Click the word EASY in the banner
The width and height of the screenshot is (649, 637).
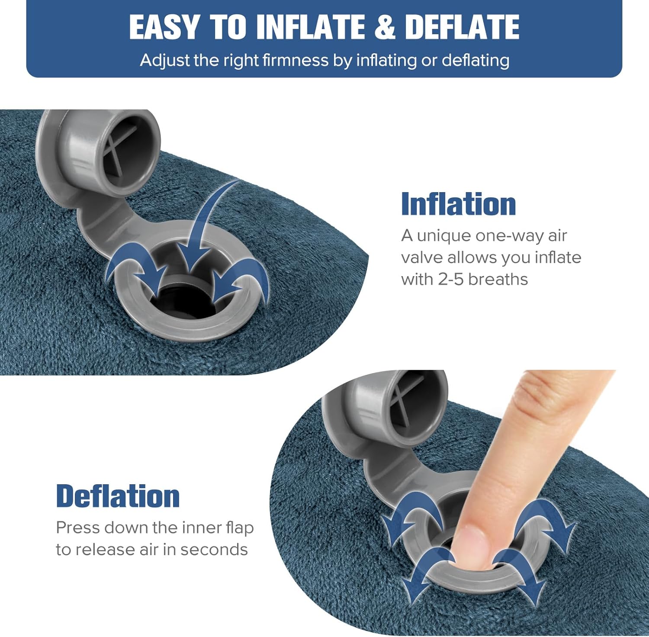[164, 27]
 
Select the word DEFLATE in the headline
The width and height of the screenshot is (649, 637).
[462, 27]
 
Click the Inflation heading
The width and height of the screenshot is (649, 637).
[459, 204]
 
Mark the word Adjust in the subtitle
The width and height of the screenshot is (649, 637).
[165, 61]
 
